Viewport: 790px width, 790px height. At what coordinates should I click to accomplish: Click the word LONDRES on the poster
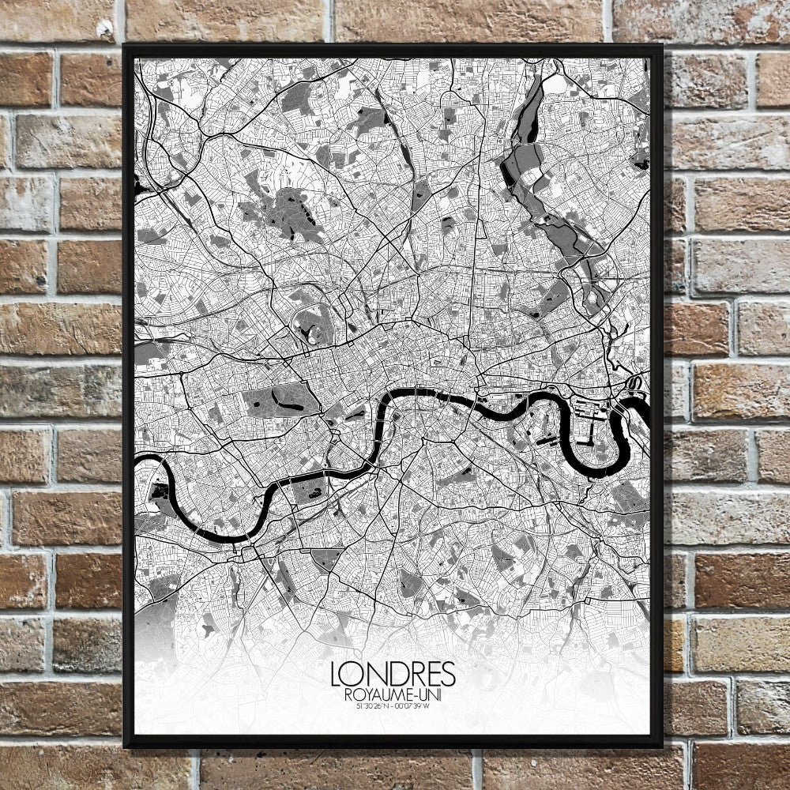(x=393, y=674)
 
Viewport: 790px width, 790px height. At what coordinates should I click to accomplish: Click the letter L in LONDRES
(x=339, y=674)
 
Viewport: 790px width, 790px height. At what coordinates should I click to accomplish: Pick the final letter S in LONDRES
(x=449, y=674)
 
